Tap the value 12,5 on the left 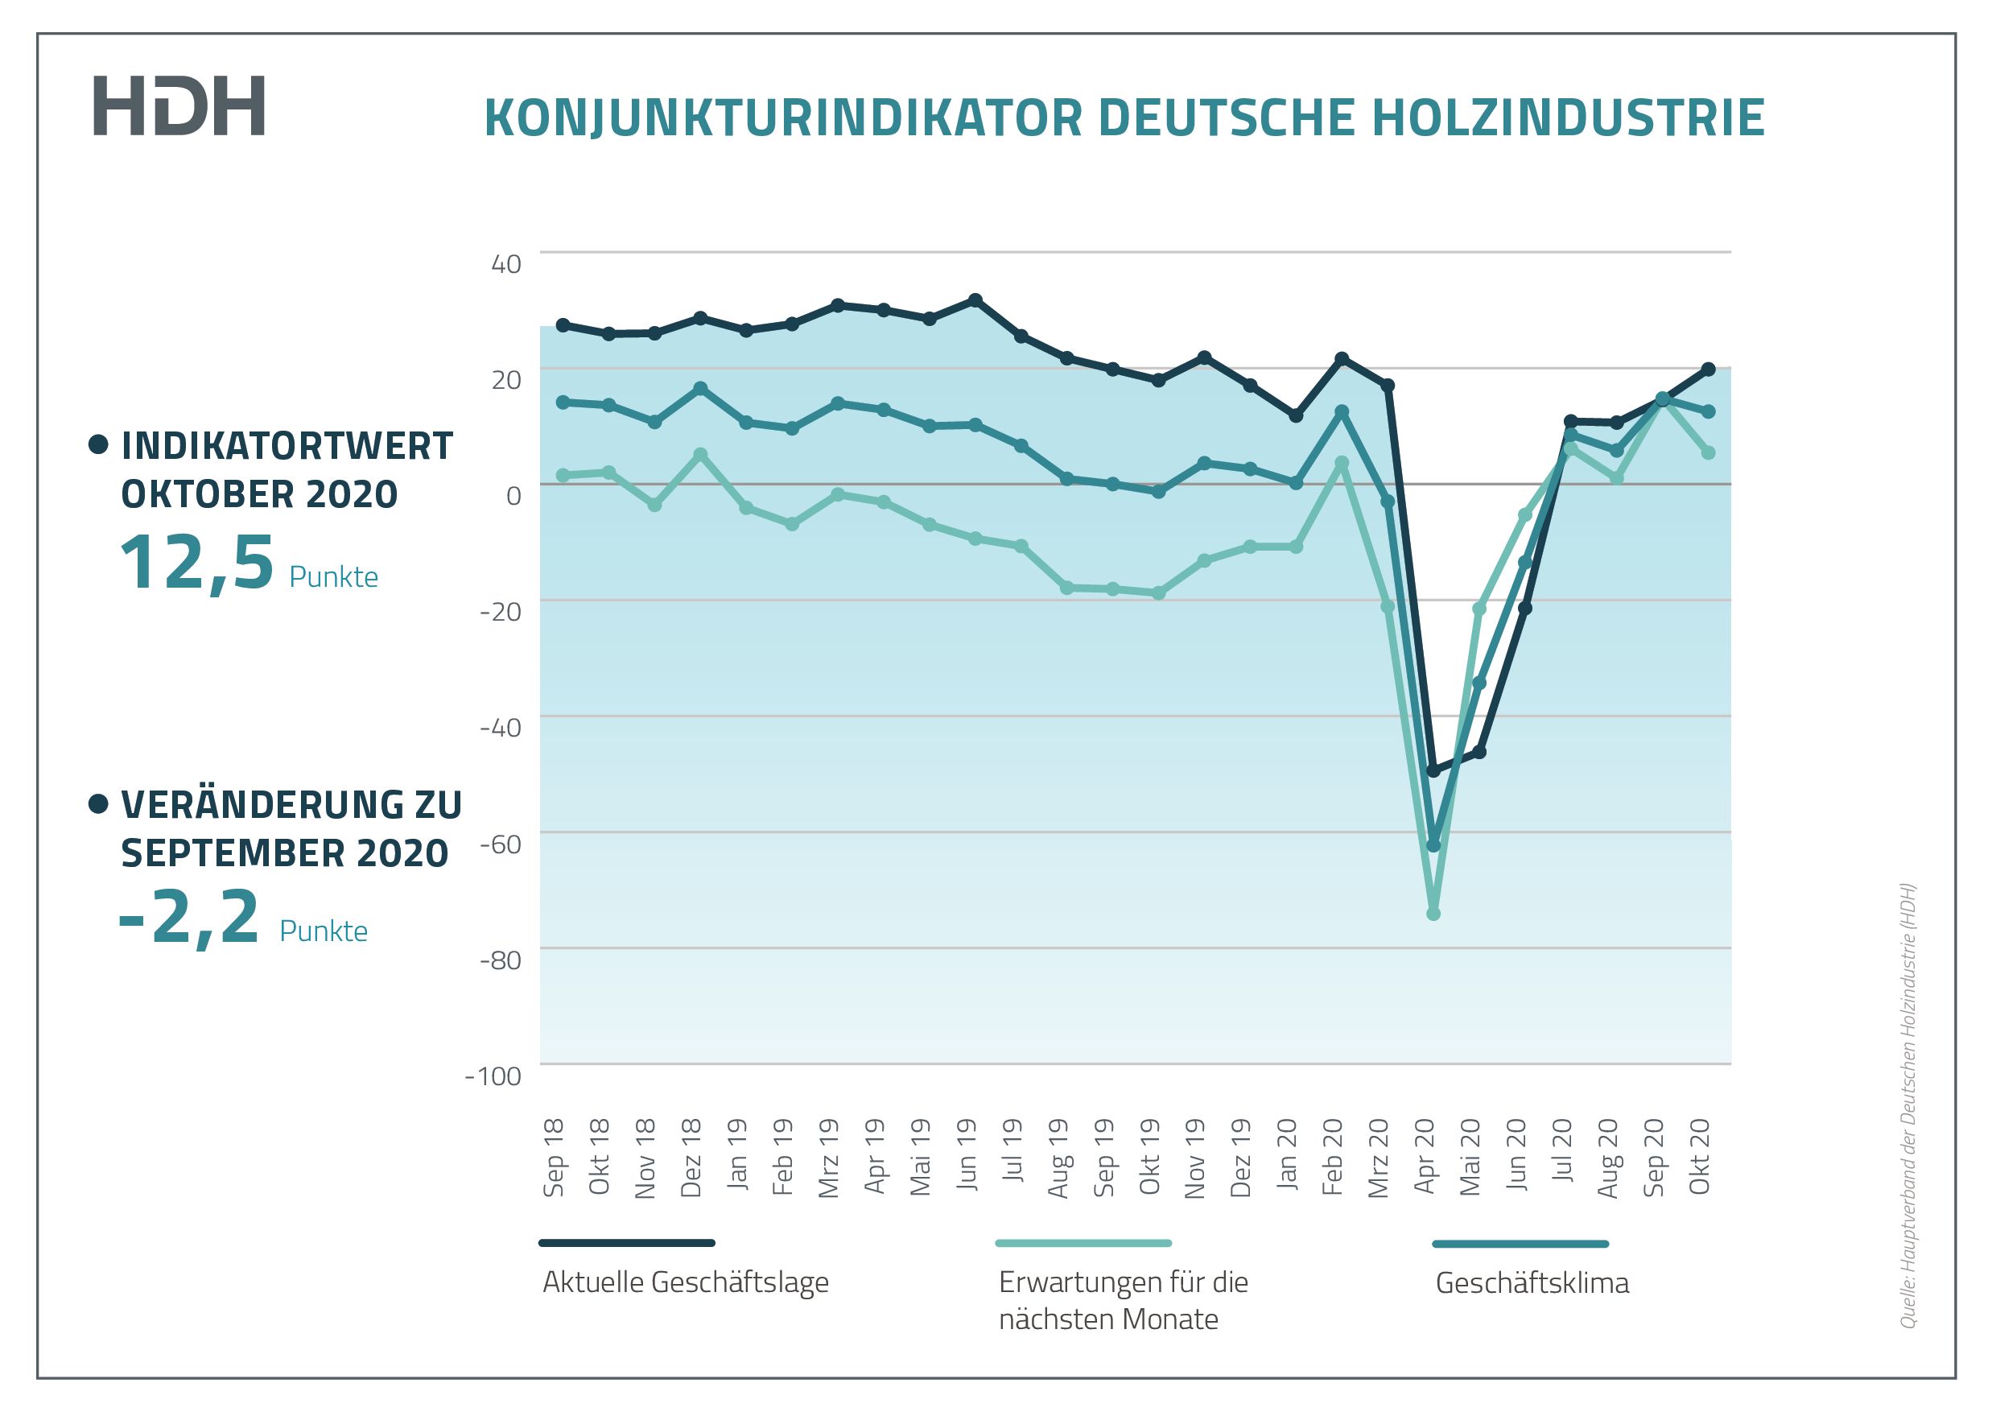click(196, 564)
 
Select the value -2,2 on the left click(189, 917)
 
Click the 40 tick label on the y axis click(506, 264)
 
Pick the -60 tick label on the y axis click(500, 844)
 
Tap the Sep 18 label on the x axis click(554, 1158)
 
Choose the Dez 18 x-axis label click(691, 1158)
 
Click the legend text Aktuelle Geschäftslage click(685, 1282)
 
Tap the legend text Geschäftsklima click(1532, 1283)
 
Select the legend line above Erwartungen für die click(1083, 1243)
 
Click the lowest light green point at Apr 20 click(1433, 914)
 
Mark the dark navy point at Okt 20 click(1708, 369)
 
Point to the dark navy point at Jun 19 click(975, 300)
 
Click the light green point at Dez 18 click(701, 455)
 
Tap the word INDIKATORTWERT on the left click(287, 446)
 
